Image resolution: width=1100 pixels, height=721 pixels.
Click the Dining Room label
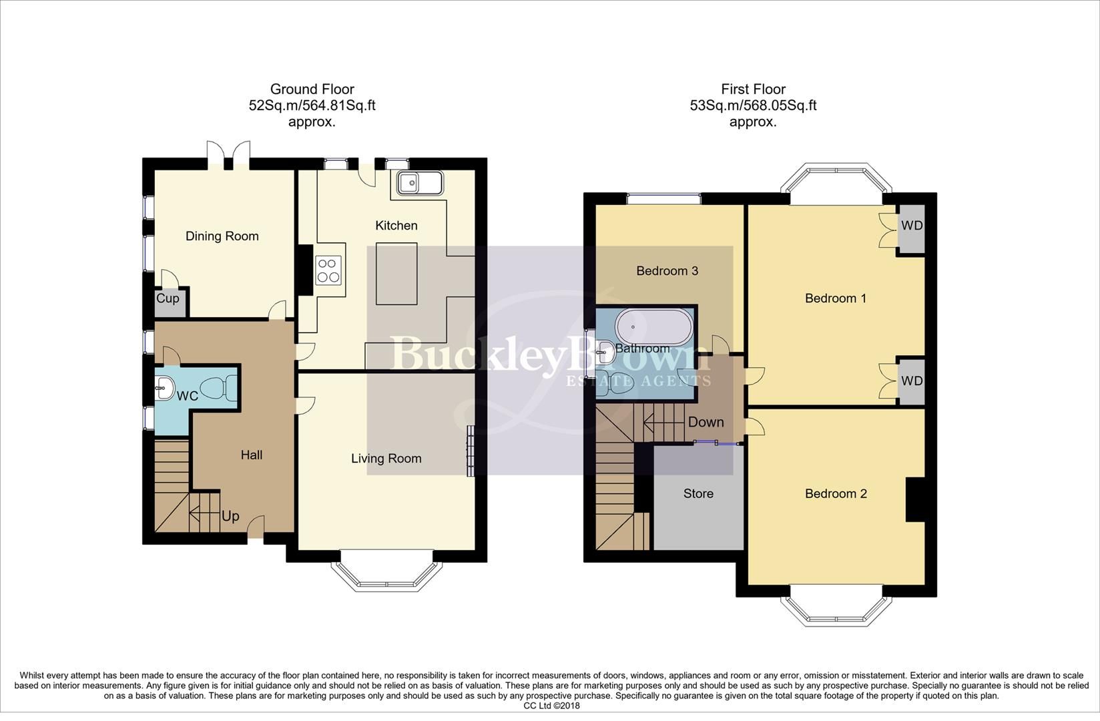point(222,236)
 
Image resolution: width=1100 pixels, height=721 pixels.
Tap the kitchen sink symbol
point(419,182)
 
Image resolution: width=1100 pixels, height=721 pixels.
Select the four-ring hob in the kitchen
point(328,270)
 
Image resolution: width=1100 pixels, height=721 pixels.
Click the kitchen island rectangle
point(396,274)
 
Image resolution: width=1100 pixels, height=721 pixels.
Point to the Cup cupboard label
point(168,298)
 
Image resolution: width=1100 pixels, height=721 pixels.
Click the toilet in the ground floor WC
point(220,387)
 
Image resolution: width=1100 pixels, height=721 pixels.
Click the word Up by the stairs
point(230,516)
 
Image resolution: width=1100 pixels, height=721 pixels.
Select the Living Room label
point(386,459)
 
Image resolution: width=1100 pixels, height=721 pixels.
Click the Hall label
point(252,455)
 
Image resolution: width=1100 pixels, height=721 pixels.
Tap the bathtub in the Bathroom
point(651,327)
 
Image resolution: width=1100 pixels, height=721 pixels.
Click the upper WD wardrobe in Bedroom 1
point(912,226)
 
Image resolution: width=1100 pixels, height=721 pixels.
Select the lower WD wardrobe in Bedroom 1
point(912,381)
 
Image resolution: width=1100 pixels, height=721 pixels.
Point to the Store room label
point(698,494)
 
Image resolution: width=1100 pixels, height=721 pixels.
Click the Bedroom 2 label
point(836,494)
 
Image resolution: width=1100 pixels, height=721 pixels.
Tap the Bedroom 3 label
point(667,271)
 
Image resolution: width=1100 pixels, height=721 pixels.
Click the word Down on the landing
point(706,423)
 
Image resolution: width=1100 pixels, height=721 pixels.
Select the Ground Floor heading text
point(312,89)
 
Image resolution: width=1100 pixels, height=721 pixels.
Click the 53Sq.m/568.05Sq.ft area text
point(753,105)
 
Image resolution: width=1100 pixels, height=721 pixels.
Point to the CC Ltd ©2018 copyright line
point(551,706)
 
